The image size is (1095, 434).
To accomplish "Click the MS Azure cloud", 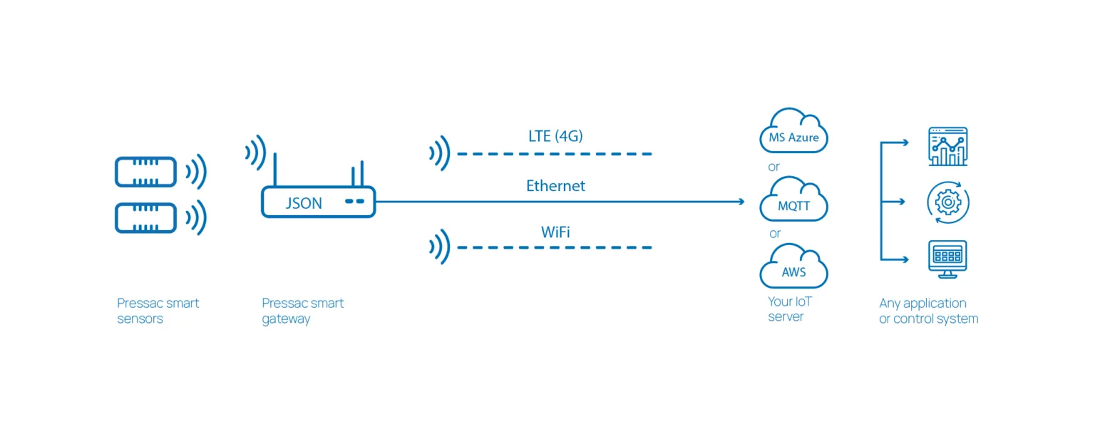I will (x=793, y=133).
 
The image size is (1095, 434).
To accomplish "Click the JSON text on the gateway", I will (x=304, y=203).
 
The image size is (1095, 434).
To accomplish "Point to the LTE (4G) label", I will (x=555, y=135).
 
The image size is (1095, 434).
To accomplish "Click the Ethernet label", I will (x=555, y=186).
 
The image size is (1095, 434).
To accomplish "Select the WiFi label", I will (x=555, y=232).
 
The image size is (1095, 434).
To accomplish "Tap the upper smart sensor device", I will (x=145, y=172).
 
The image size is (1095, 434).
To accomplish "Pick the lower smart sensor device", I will (x=145, y=217).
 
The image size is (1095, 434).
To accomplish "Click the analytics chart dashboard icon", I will (x=948, y=147).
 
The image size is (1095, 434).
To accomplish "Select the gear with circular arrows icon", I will (x=948, y=202).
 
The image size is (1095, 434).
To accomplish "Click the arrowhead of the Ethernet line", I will (x=741, y=202).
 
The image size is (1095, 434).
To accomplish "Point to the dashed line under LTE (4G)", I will (x=555, y=154).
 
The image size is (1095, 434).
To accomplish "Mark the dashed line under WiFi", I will (x=555, y=247).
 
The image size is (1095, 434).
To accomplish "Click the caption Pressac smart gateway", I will (x=303, y=311).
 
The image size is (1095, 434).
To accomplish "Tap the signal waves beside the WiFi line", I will (x=439, y=247).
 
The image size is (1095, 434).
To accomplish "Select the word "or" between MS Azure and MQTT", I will (x=774, y=167).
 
